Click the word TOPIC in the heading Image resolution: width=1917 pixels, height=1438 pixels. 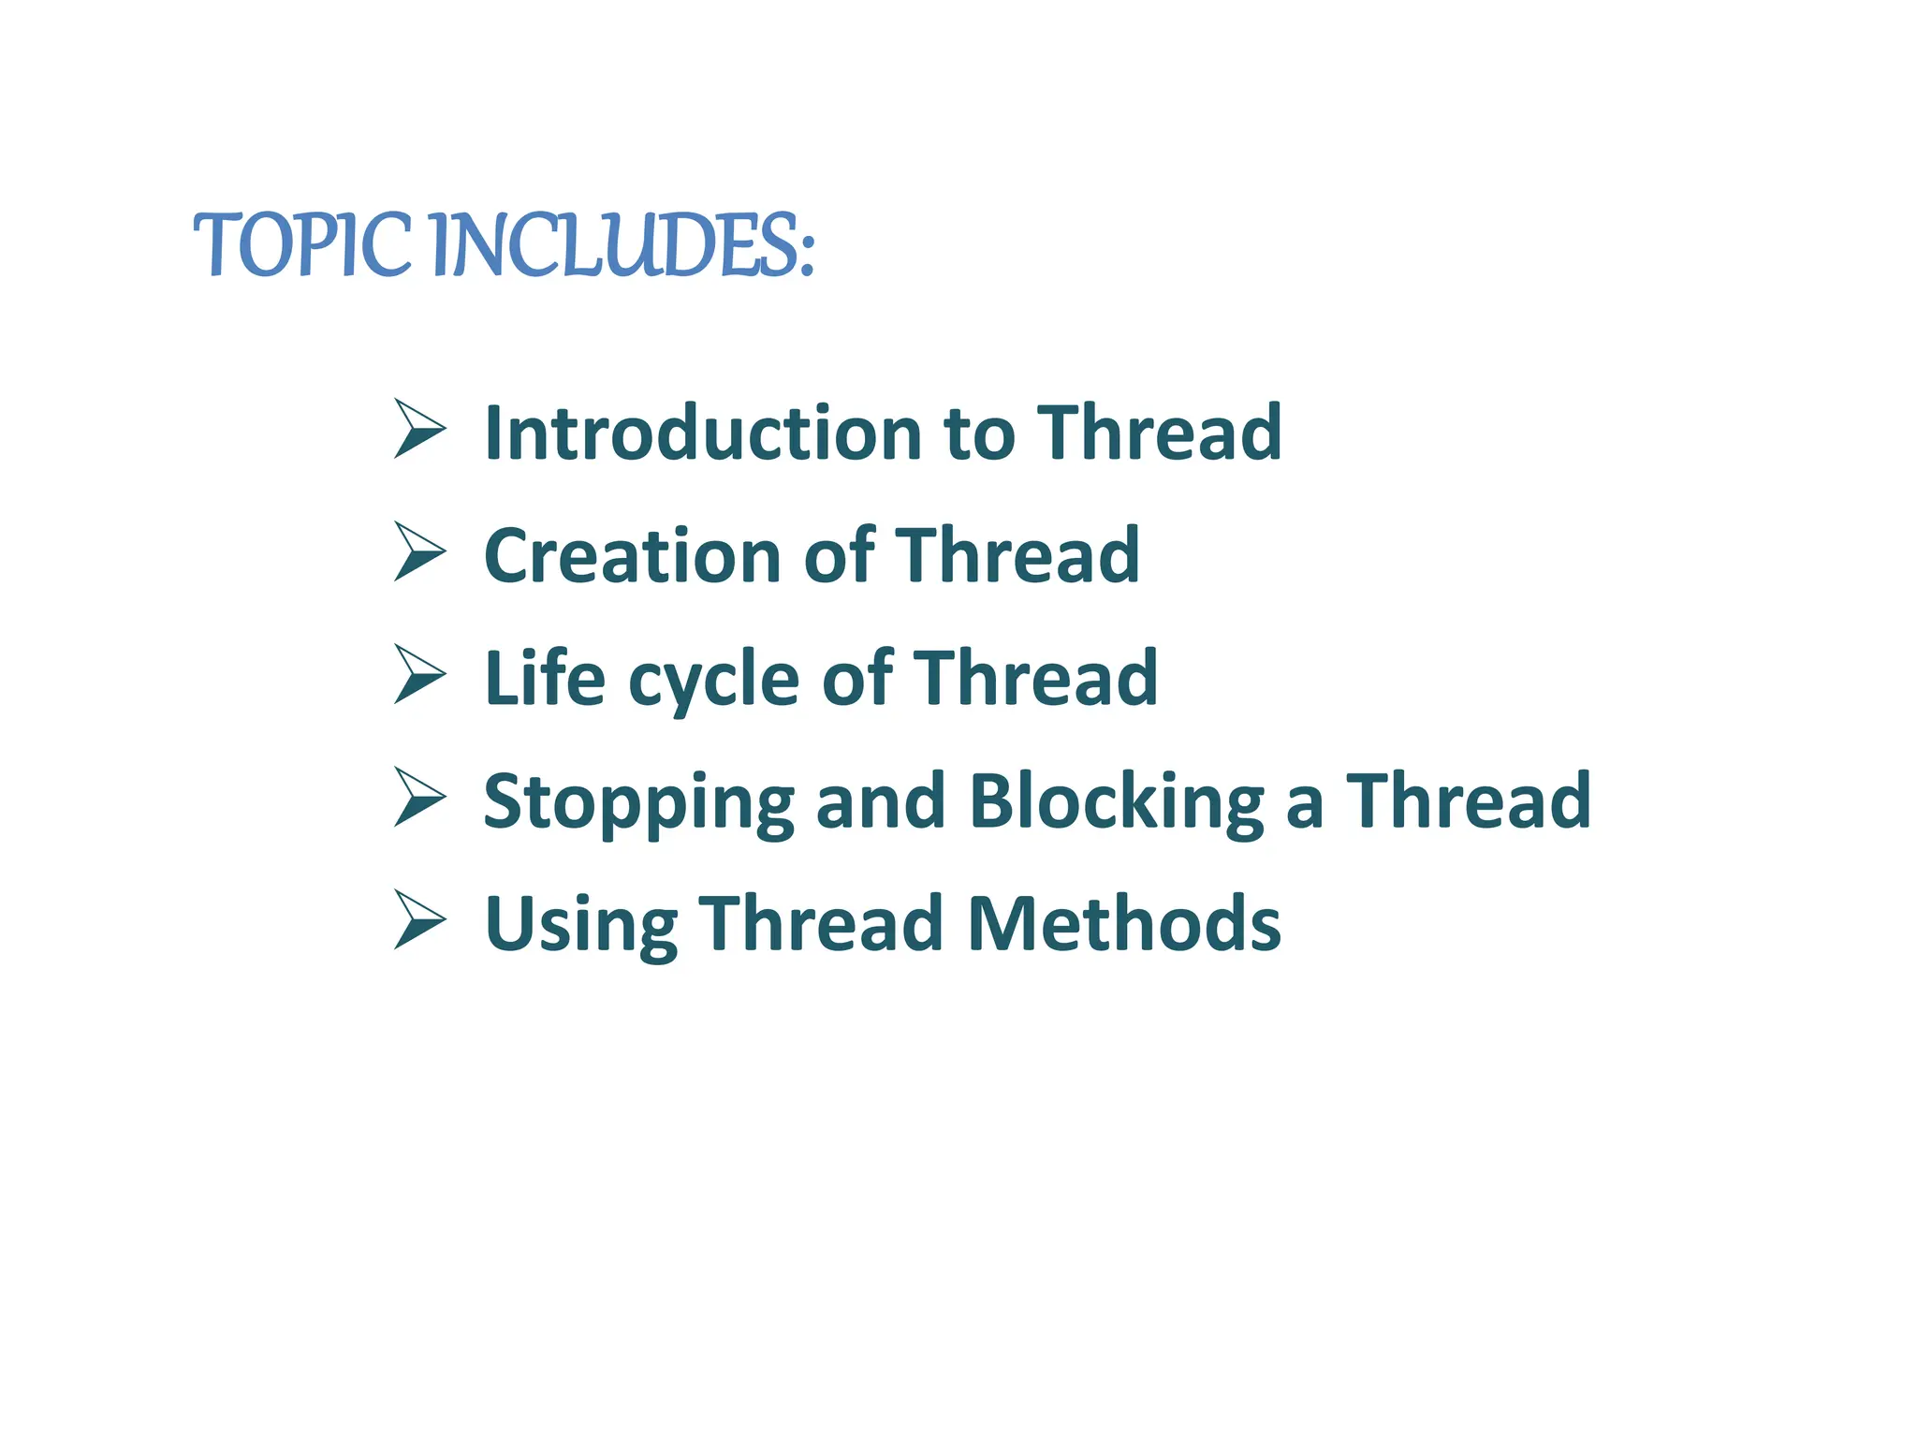[x=301, y=245]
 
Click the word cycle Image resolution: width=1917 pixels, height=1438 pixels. [x=713, y=681]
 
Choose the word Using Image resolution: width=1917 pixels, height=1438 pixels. [x=580, y=925]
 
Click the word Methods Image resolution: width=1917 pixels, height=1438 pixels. [x=1123, y=923]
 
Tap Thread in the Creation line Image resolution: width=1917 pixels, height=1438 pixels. [x=1017, y=555]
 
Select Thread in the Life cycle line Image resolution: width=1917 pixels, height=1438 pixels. [x=1035, y=677]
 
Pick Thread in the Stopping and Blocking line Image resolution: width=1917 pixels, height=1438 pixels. [x=1468, y=800]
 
